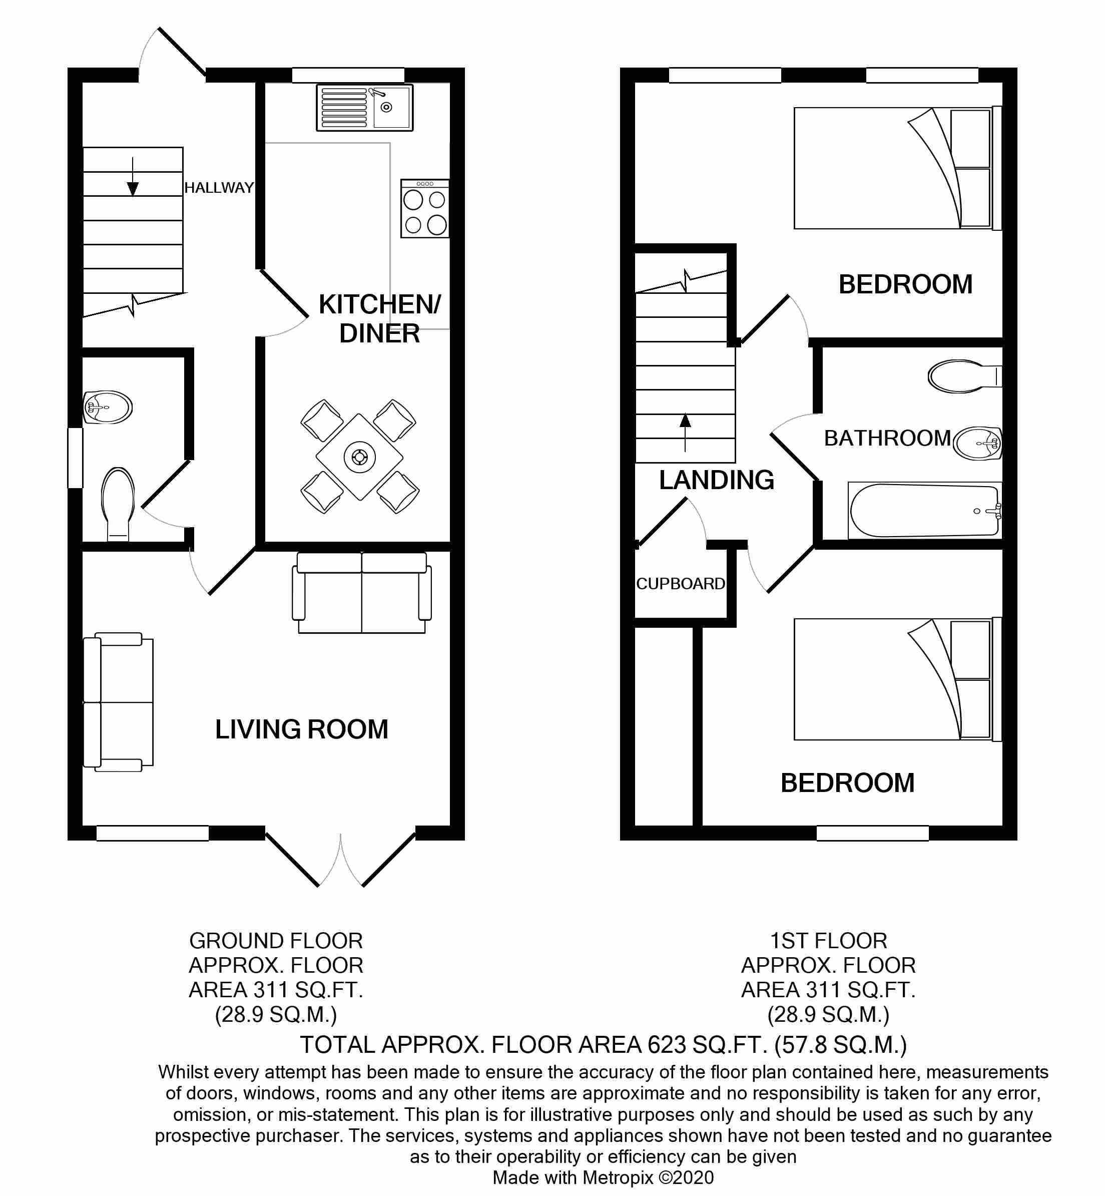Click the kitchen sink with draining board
click(x=364, y=108)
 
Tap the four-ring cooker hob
click(x=425, y=209)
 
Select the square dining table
click(x=359, y=457)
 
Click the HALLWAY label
click(x=219, y=188)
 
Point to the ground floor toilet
click(x=118, y=505)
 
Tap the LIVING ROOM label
click(x=302, y=729)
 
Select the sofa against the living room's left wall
click(x=119, y=702)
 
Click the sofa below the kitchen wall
click(x=362, y=593)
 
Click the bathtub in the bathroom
click(x=924, y=510)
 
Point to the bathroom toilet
click(x=964, y=376)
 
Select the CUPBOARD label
click(x=681, y=584)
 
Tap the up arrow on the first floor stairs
click(x=685, y=433)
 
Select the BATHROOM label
click(x=887, y=439)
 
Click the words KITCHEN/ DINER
click(x=380, y=319)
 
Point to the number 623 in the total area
click(x=666, y=1045)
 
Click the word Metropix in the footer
click(x=618, y=1178)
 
